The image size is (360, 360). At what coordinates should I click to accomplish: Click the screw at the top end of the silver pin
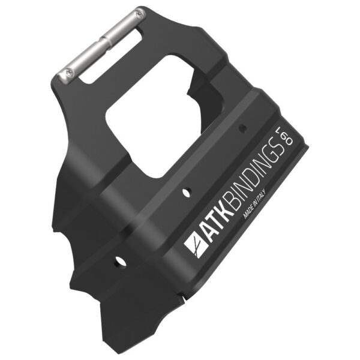tap(139, 14)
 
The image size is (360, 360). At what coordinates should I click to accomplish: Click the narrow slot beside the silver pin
tap(110, 56)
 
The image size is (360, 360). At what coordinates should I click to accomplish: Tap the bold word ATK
tap(218, 224)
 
